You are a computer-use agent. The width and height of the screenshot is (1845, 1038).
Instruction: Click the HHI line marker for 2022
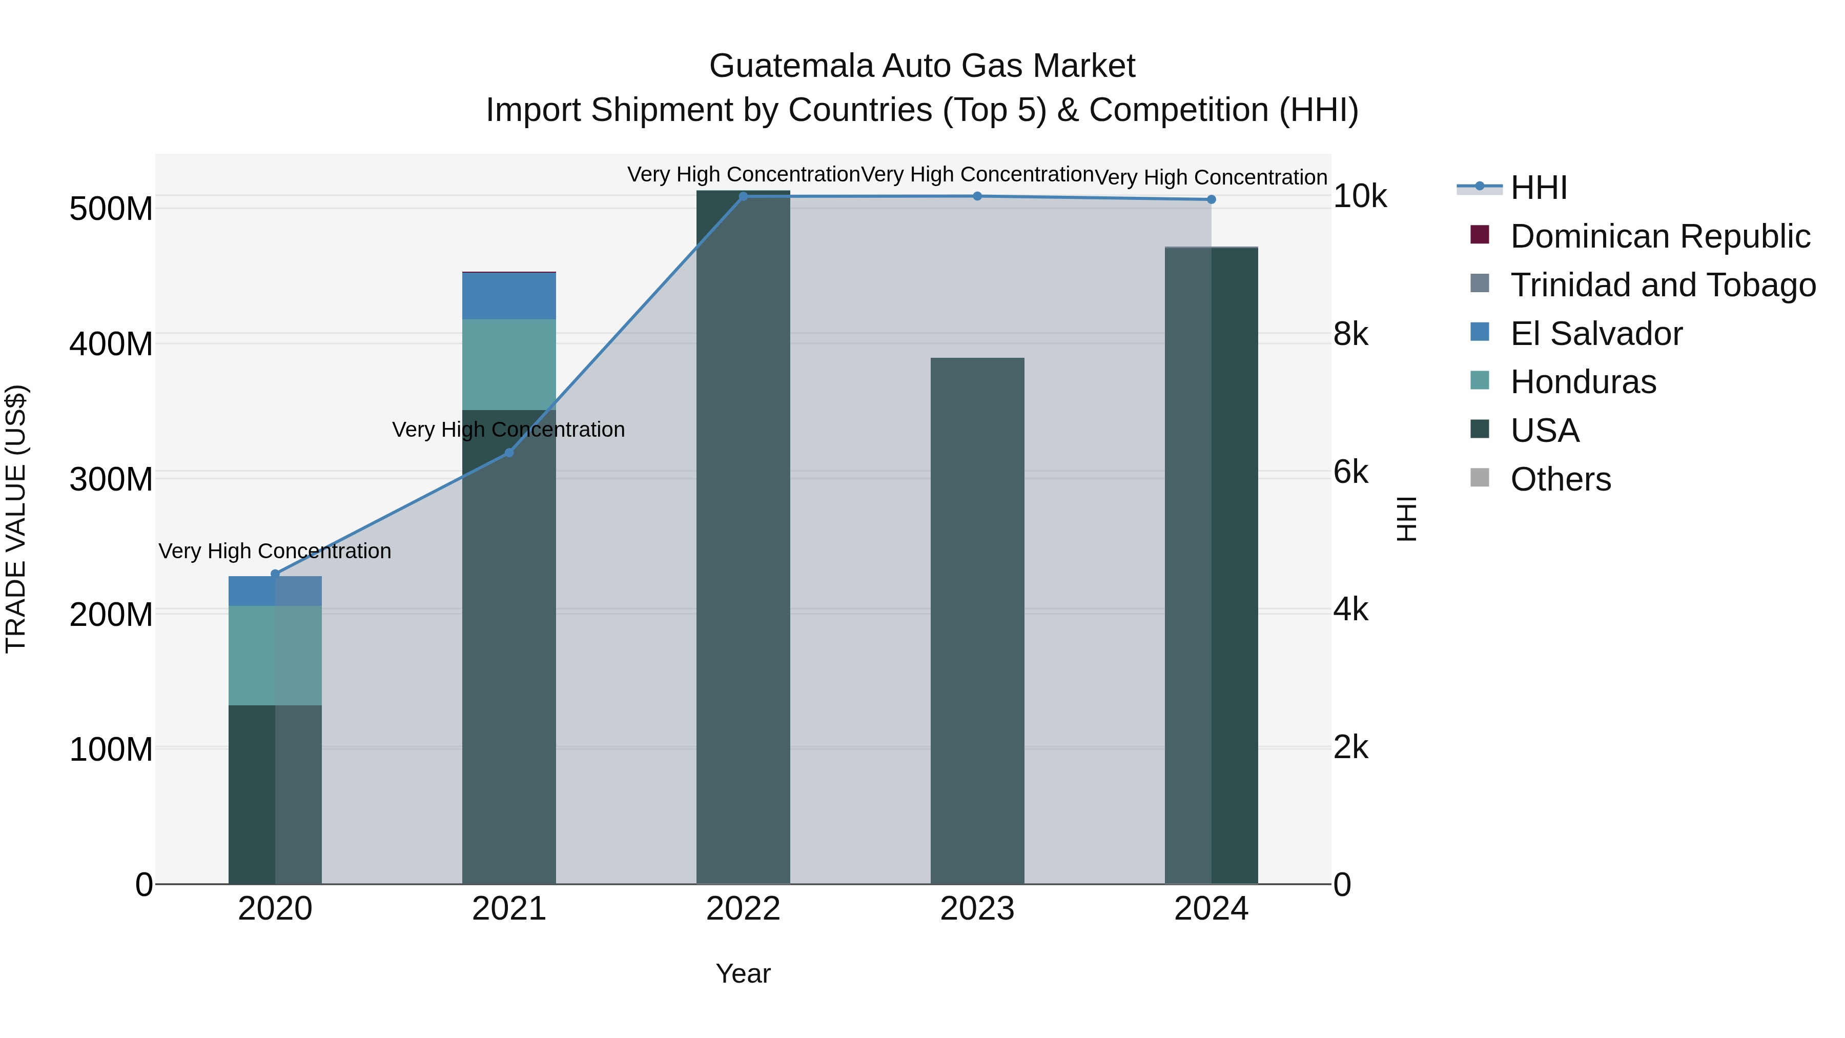(x=743, y=196)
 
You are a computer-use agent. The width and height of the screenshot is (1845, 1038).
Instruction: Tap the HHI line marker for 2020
(x=275, y=574)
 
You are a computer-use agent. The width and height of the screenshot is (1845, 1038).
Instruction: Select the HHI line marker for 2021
(x=509, y=453)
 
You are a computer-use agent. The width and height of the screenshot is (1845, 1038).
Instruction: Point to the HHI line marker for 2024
(x=1211, y=199)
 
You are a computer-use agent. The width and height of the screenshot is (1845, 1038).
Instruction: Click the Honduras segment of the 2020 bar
(x=275, y=656)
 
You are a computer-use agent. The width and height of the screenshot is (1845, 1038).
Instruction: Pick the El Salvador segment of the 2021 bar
(x=509, y=296)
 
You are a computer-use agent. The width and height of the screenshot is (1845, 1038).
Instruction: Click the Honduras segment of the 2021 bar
(x=509, y=364)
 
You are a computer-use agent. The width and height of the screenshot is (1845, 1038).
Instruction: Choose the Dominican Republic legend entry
(x=1659, y=236)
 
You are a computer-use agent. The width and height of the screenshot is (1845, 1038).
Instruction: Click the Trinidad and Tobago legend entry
(x=1663, y=285)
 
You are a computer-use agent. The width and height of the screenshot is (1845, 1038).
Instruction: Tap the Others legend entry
(x=1560, y=479)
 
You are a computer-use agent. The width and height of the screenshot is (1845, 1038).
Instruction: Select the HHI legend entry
(x=1539, y=188)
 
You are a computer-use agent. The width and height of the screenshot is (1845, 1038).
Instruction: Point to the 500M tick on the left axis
(x=111, y=209)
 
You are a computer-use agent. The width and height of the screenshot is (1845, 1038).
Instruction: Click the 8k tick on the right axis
(x=1351, y=335)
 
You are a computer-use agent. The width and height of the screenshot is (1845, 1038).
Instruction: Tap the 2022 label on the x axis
(x=743, y=909)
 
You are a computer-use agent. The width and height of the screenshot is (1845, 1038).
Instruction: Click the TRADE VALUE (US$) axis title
(x=16, y=519)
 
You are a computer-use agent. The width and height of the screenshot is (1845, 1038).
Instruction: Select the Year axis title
(x=743, y=973)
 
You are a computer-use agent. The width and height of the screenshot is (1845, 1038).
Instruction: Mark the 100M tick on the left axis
(x=111, y=749)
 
